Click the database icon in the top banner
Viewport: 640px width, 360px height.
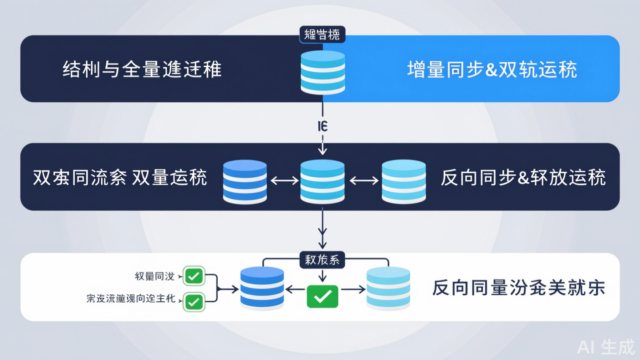(x=323, y=72)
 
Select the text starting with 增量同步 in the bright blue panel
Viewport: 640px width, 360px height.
(x=492, y=70)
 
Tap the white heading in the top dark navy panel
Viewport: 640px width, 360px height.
(x=142, y=70)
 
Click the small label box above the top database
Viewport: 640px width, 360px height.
(x=323, y=35)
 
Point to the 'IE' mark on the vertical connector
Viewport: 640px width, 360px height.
(x=323, y=127)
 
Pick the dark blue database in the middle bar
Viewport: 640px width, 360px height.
(x=245, y=181)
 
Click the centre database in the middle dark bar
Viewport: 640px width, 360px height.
(x=322, y=181)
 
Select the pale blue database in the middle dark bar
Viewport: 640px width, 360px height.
(x=404, y=181)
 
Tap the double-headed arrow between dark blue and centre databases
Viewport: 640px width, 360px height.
(x=284, y=180)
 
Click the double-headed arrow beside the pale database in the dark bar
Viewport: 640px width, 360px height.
(x=364, y=180)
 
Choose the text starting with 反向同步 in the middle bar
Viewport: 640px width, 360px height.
(x=523, y=178)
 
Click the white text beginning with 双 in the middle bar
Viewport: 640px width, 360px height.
(x=120, y=178)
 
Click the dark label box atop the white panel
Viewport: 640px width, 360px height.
(x=323, y=260)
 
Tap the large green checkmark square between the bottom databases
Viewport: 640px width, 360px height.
(x=323, y=296)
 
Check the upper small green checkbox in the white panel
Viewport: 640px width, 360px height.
(x=194, y=276)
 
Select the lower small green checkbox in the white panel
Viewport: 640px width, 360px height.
(x=194, y=302)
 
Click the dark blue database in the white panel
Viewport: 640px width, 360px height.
(x=262, y=288)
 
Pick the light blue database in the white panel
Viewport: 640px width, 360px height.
(x=388, y=288)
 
